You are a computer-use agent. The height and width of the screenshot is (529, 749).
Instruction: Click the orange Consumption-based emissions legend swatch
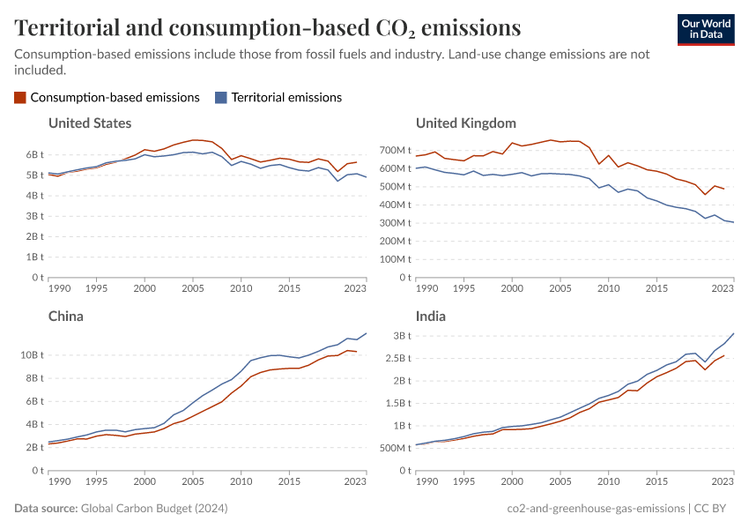tap(20, 97)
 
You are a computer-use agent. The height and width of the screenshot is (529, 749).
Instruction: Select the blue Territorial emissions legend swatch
tap(221, 97)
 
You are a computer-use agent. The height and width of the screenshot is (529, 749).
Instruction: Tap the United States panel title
tap(90, 123)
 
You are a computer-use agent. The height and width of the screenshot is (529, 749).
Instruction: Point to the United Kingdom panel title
tap(465, 123)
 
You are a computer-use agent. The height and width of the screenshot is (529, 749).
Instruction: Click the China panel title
tap(66, 316)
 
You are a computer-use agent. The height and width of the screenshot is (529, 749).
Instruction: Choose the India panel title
tap(431, 316)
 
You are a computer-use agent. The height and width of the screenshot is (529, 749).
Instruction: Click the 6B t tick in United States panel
tap(32, 154)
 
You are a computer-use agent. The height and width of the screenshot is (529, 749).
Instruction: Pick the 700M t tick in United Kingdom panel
tap(396, 150)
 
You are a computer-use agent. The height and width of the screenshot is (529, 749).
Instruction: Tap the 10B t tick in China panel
tap(30, 354)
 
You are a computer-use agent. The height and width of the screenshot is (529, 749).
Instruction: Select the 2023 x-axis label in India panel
tap(723, 481)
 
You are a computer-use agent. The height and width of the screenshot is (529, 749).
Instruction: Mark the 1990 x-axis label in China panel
tap(59, 481)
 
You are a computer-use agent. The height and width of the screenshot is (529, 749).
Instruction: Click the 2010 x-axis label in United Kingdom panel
tap(608, 288)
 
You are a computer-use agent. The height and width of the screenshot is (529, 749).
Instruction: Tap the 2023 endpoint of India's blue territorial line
tap(733, 333)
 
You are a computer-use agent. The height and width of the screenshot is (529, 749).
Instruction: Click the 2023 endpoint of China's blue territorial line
tap(367, 333)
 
